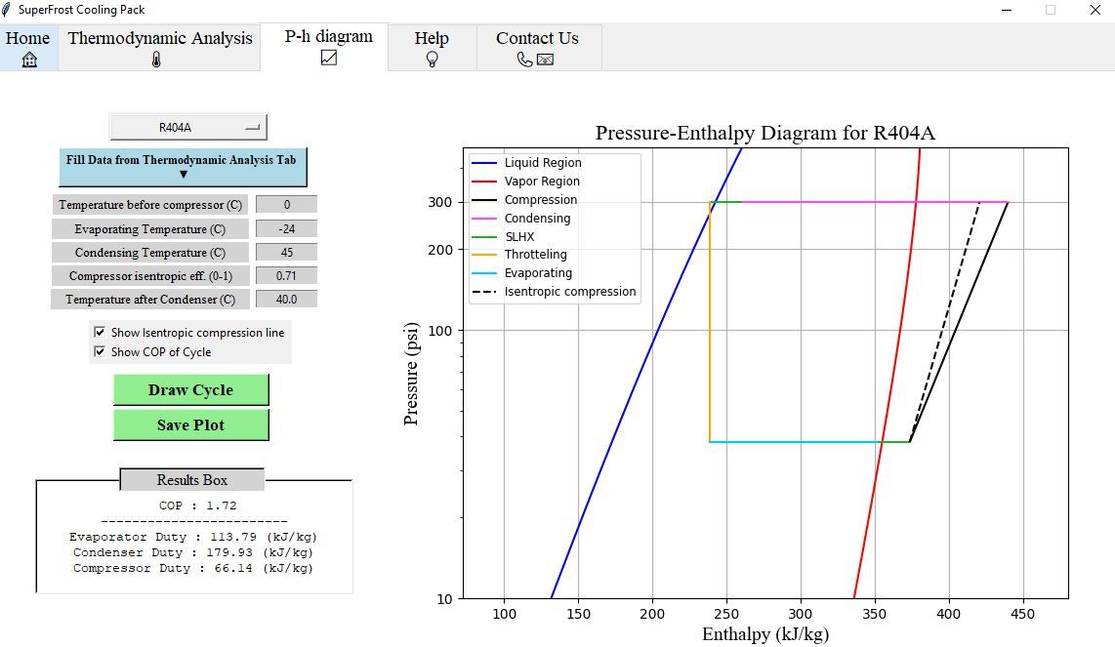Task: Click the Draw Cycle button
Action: (x=190, y=389)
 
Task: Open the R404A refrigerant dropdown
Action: (x=187, y=127)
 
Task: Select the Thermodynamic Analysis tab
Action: (x=159, y=47)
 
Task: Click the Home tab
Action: (x=28, y=47)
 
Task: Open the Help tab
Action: (x=432, y=47)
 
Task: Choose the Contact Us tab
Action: (x=537, y=47)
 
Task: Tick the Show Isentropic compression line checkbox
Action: (x=101, y=332)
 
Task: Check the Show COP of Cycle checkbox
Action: (x=101, y=351)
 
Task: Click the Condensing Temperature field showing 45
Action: (x=286, y=252)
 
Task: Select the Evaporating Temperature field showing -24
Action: (x=286, y=228)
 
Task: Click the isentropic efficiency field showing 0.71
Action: (x=286, y=275)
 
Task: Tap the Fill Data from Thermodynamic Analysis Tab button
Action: (x=183, y=166)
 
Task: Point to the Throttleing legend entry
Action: (x=535, y=255)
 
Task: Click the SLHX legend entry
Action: (x=519, y=236)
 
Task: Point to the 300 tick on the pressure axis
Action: (x=440, y=202)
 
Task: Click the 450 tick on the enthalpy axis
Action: (x=1022, y=614)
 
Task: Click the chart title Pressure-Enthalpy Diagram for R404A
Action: (x=764, y=133)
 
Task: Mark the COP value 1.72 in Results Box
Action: (x=222, y=505)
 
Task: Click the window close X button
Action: (x=1094, y=10)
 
